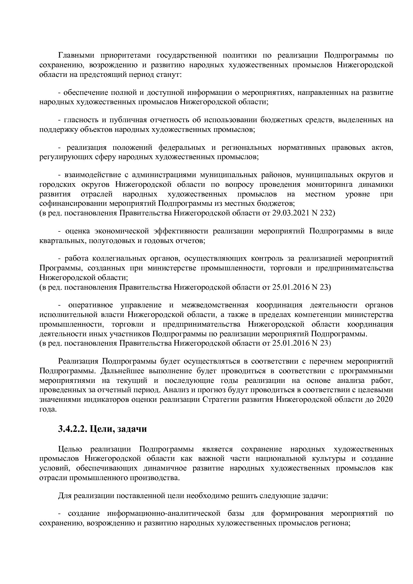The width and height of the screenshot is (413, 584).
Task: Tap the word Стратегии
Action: click(218, 400)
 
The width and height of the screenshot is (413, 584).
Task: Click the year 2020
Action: click(384, 400)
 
